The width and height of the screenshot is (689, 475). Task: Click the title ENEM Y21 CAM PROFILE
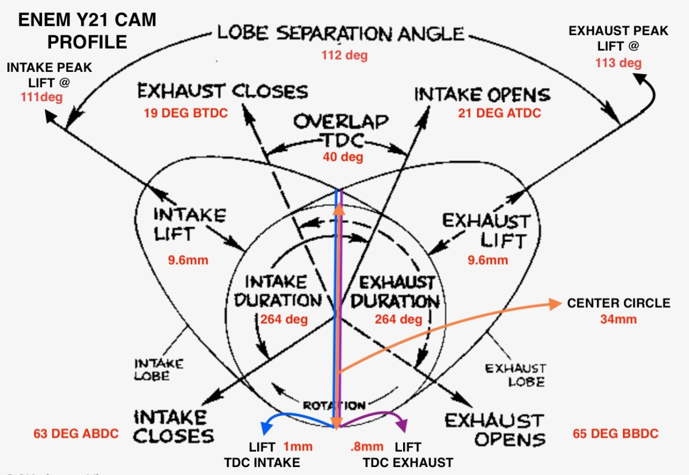[x=87, y=31]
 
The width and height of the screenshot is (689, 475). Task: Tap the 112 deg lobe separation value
[x=344, y=56]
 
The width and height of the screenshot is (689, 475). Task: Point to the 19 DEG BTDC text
[x=185, y=113]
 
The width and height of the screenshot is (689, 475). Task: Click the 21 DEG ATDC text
[x=499, y=113]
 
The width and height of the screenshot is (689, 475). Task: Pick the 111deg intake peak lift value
[x=41, y=96]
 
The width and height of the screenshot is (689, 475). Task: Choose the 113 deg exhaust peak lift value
[x=619, y=63]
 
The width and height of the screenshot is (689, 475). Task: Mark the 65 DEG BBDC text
[x=615, y=432]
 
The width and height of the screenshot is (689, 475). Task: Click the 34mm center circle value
[x=618, y=318]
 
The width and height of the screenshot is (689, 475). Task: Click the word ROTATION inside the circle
[x=334, y=406]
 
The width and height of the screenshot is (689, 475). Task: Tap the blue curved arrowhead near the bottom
[x=266, y=428]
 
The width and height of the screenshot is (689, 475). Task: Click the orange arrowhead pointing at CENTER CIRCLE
[x=556, y=304]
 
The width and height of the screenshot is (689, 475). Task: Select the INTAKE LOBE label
[x=152, y=369]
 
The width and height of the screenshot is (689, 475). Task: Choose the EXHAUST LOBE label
[x=515, y=374]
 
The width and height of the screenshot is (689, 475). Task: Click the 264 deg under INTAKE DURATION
[x=284, y=319]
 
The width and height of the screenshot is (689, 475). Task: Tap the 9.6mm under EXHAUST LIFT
[x=488, y=260]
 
